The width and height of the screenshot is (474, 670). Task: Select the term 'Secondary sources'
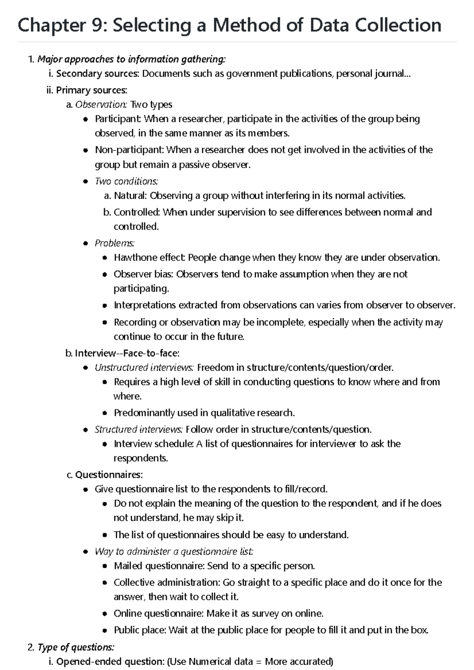[98, 74]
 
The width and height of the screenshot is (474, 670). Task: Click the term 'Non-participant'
[129, 150]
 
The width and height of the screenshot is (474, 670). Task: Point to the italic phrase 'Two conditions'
[126, 182]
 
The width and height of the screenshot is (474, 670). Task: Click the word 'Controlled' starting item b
[136, 212]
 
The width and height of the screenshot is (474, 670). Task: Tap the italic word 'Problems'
[114, 243]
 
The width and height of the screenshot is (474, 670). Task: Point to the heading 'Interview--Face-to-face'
[127, 353]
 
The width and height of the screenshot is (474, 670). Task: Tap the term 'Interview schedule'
[153, 444]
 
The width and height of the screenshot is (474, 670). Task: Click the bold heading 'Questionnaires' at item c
[109, 474]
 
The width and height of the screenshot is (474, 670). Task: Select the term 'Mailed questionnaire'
[158, 566]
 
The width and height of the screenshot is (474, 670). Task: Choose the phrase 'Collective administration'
[166, 583]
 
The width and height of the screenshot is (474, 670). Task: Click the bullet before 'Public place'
[105, 631]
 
